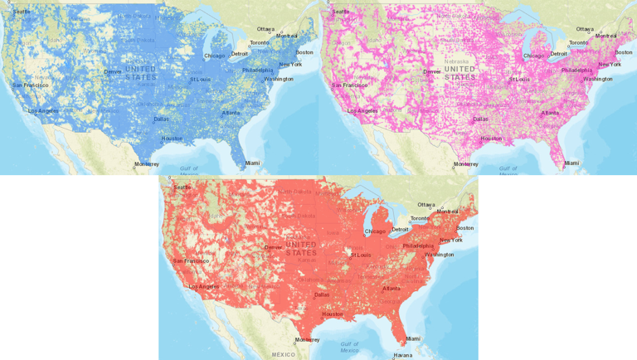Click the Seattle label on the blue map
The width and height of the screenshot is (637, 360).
point(23,12)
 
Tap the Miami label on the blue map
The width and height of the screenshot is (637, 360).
point(251,163)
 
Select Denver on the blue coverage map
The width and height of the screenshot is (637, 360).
point(112,71)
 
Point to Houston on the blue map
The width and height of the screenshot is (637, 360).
point(172,139)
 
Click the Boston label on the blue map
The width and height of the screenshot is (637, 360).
point(304,52)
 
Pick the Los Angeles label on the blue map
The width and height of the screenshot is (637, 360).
point(43,110)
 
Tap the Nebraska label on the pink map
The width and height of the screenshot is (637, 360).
point(457,61)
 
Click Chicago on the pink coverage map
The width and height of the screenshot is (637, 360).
point(534,56)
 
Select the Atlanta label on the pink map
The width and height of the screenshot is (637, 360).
point(550,113)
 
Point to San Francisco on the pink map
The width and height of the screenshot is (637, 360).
point(349,85)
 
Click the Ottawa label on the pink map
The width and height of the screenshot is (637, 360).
point(585,29)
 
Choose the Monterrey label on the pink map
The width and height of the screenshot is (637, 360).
point(465,164)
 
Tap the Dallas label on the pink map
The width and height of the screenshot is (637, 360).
point(480,119)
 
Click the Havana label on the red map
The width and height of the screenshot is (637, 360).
point(402,355)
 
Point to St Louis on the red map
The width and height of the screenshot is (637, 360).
point(361,255)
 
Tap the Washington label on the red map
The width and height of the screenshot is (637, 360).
point(440,255)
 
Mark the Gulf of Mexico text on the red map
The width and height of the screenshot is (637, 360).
point(349,347)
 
